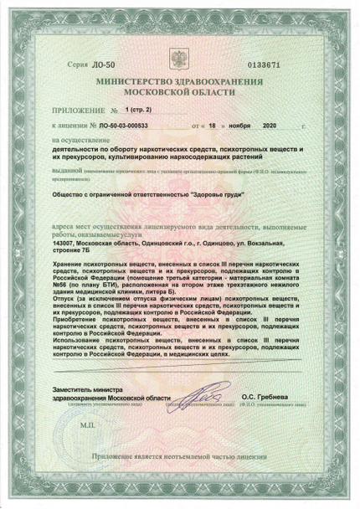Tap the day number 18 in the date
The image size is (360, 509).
pyautogui.click(x=224, y=125)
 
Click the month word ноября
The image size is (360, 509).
pyautogui.click(x=254, y=125)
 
